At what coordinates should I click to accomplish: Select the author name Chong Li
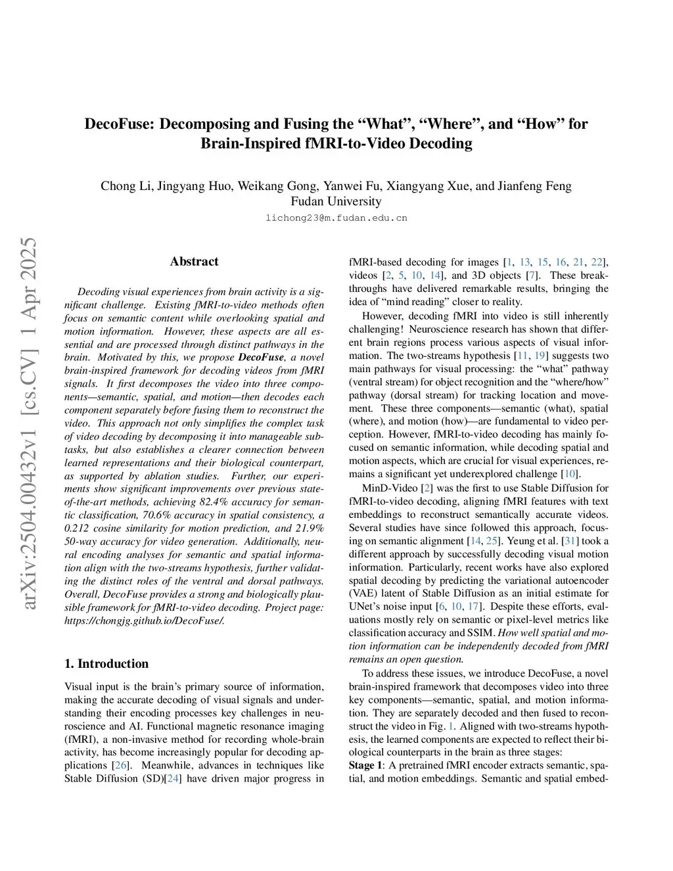(x=126, y=185)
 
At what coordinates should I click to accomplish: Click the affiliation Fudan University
(x=336, y=201)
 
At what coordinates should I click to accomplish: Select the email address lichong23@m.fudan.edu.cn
(x=336, y=218)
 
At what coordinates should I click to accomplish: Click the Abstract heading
(x=194, y=262)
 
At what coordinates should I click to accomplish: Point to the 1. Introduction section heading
(x=106, y=663)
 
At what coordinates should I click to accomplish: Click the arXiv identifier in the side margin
(x=30, y=460)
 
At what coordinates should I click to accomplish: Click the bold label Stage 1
(x=365, y=765)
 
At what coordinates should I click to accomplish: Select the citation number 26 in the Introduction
(x=121, y=766)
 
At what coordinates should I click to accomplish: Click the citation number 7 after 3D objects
(x=532, y=275)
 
